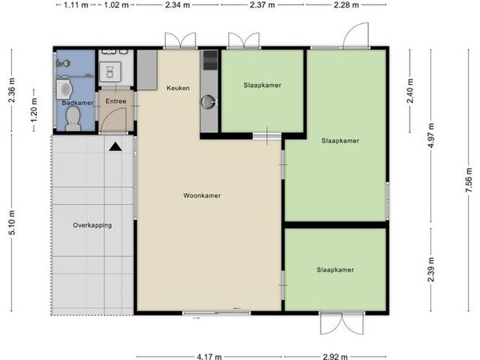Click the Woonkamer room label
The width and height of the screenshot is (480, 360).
coord(202,195)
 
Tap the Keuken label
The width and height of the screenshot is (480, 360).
coord(178,88)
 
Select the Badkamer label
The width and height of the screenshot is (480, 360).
coord(78,102)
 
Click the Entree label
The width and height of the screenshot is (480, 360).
coord(116,101)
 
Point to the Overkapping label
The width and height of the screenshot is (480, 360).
coord(92,226)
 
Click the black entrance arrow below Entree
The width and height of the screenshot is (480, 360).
coord(115,146)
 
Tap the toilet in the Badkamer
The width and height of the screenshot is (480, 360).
coord(73,118)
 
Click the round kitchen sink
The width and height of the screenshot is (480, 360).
coord(209,102)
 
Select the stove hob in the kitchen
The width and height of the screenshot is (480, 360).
coord(210,60)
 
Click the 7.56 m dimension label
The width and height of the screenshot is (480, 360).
coord(468,180)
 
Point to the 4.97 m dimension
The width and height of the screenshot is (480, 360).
coord(430,135)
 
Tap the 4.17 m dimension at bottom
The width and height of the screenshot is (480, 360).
coord(209,357)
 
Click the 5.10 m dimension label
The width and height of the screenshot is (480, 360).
coord(12,222)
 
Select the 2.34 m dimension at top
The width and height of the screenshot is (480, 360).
coord(178,5)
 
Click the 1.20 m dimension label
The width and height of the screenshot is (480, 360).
coord(34,110)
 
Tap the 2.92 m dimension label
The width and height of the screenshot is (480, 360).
coord(335,357)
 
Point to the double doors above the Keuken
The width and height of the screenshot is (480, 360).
coord(180,41)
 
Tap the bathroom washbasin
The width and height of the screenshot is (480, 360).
coord(64,89)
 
